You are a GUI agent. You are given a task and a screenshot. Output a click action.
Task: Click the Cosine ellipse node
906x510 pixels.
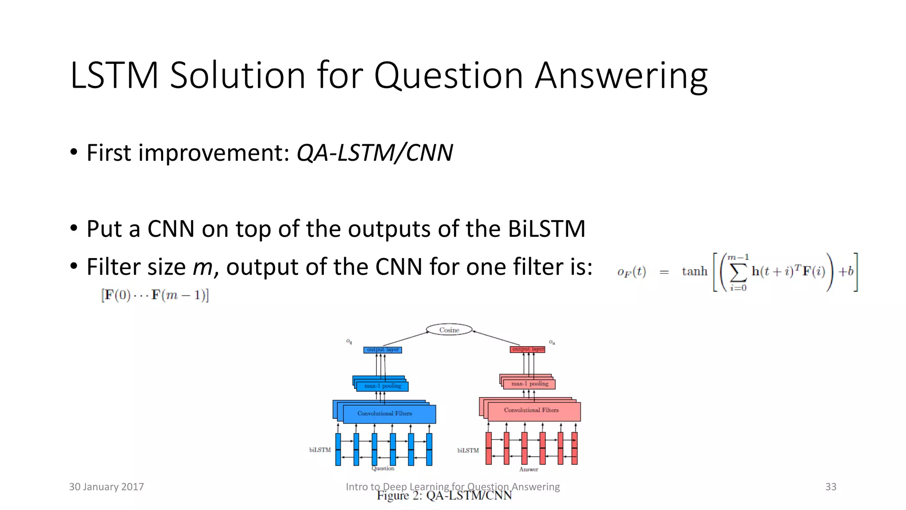(x=449, y=330)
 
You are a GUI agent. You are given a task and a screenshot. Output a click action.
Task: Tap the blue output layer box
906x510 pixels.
(x=383, y=350)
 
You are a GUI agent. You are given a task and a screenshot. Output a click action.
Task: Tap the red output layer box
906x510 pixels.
(x=528, y=349)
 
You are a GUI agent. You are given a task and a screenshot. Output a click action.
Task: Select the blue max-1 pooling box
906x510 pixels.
(x=382, y=386)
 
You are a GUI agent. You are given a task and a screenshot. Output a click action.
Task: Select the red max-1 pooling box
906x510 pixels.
(x=530, y=384)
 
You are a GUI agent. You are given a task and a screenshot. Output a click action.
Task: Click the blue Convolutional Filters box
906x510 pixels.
(x=384, y=413)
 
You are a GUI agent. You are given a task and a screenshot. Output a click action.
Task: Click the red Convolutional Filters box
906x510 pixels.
(x=531, y=410)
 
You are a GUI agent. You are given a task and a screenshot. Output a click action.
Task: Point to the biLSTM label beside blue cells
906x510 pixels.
(x=320, y=450)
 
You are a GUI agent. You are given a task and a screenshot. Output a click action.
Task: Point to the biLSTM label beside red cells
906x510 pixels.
(x=468, y=450)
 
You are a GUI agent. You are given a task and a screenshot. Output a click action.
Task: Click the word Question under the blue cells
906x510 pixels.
(x=383, y=468)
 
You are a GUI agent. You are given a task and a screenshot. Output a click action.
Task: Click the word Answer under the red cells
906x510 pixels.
(x=529, y=469)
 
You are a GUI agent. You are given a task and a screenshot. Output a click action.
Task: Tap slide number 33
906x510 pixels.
(x=830, y=487)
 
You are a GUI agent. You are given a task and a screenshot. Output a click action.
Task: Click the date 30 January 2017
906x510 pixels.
(x=106, y=487)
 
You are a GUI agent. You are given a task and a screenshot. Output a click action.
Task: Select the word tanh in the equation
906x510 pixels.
(x=695, y=271)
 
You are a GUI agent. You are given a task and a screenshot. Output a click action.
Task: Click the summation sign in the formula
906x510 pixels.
(x=738, y=272)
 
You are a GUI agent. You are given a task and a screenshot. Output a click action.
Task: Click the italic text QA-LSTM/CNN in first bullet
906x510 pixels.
(x=374, y=153)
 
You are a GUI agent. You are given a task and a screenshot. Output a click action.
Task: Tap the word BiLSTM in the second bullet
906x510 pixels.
(x=546, y=229)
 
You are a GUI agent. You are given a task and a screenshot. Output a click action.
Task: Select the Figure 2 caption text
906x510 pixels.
(x=444, y=496)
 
